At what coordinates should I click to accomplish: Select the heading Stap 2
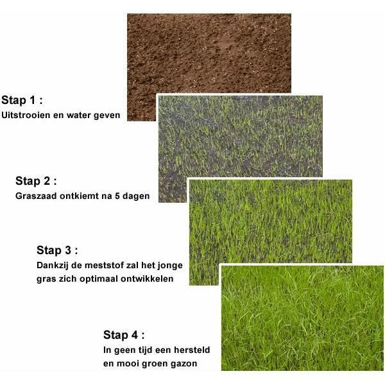pos(37,180)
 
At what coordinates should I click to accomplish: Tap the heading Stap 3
pos(58,250)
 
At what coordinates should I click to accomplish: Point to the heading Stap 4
pos(124,335)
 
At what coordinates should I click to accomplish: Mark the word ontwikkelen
pos(151,280)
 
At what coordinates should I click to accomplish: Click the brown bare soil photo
pos(209,55)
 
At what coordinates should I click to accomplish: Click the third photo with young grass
pos(269,221)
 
